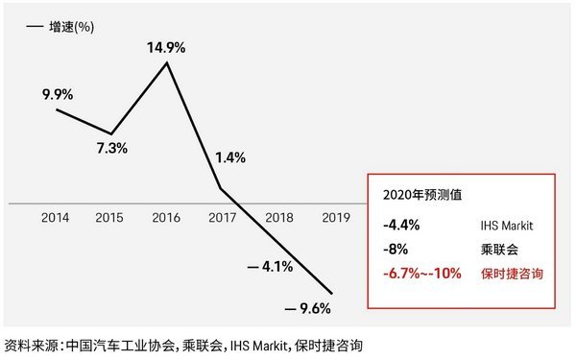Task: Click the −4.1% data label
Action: tap(270, 266)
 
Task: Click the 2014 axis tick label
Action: tap(56, 218)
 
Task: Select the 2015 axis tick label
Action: tap(111, 218)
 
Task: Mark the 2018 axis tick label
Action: tap(278, 218)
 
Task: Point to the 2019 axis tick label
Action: tap(333, 218)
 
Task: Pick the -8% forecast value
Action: tap(391, 250)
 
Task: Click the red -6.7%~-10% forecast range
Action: tap(419, 274)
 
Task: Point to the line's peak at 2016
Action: tap(168, 63)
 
